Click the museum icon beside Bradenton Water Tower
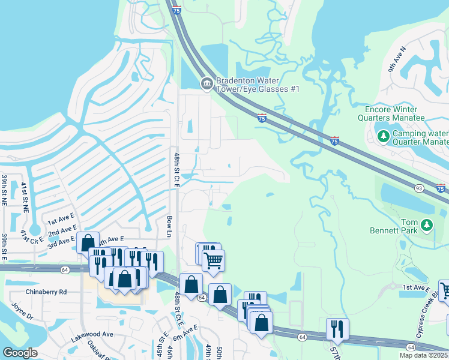coord(206,83)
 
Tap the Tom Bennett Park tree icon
coord(427,225)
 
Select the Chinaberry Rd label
coord(46,292)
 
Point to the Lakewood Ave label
coord(91,334)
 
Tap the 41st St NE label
coord(25,198)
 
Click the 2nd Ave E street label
coord(62,231)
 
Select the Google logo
coord(20,352)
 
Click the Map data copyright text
coord(423,355)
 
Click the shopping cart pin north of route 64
coord(214,261)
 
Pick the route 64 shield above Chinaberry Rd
coord(65,270)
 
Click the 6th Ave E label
coord(187,329)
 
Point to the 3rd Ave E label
coord(62,242)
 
